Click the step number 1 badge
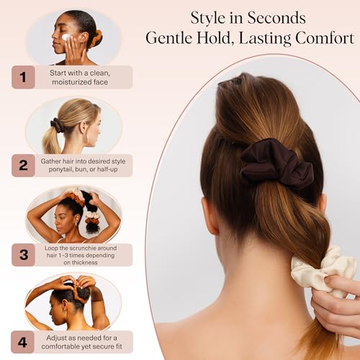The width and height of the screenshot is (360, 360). [23, 77]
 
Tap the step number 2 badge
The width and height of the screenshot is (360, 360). [23, 166]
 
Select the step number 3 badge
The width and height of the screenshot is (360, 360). [23, 254]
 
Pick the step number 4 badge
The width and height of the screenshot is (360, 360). [23, 341]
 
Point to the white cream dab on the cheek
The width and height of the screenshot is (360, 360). [66, 37]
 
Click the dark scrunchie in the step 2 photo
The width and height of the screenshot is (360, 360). [57, 125]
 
